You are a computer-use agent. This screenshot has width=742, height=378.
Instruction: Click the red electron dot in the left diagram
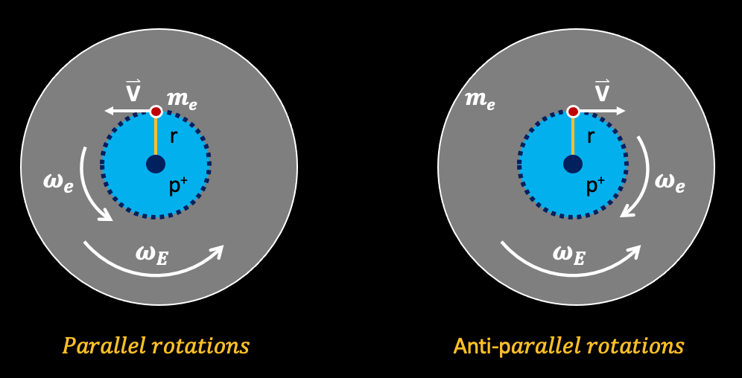click(x=156, y=112)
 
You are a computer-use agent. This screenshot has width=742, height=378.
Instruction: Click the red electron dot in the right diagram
click(x=573, y=112)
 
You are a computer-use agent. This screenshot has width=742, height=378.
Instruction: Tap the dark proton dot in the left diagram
click(x=156, y=164)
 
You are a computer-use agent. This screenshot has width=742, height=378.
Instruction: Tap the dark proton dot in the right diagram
click(x=573, y=164)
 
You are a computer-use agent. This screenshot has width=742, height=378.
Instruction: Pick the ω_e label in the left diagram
click(x=58, y=183)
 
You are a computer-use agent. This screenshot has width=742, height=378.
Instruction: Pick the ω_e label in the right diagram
click(x=670, y=183)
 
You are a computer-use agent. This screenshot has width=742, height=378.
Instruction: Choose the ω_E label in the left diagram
click(x=152, y=254)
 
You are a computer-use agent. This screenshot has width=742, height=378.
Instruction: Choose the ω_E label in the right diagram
click(x=569, y=254)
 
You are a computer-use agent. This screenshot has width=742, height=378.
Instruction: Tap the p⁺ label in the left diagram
click(x=178, y=186)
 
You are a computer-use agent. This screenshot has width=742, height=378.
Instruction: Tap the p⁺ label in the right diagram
click(x=595, y=186)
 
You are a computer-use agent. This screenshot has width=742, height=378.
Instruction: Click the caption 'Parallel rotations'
click(x=156, y=346)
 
